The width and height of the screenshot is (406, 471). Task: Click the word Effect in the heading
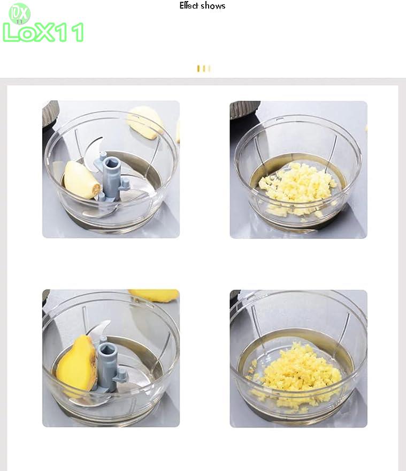pyautogui.click(x=189, y=5)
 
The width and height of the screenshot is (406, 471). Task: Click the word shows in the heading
pyautogui.click(x=213, y=6)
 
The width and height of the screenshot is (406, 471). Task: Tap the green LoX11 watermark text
pyautogui.click(x=43, y=33)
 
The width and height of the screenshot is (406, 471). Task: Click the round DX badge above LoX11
pyautogui.click(x=20, y=14)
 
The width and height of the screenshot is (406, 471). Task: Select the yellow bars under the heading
pyautogui.click(x=204, y=69)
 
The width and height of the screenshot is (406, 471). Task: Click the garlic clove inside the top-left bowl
pyautogui.click(x=81, y=180)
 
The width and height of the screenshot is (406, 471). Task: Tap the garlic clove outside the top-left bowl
pyautogui.click(x=145, y=122)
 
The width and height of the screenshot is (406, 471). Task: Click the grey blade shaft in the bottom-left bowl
pyautogui.click(x=110, y=364)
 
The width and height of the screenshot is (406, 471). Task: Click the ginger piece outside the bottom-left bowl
pyautogui.click(x=154, y=295)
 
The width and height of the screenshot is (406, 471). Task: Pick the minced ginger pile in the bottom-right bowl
pyautogui.click(x=295, y=374)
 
